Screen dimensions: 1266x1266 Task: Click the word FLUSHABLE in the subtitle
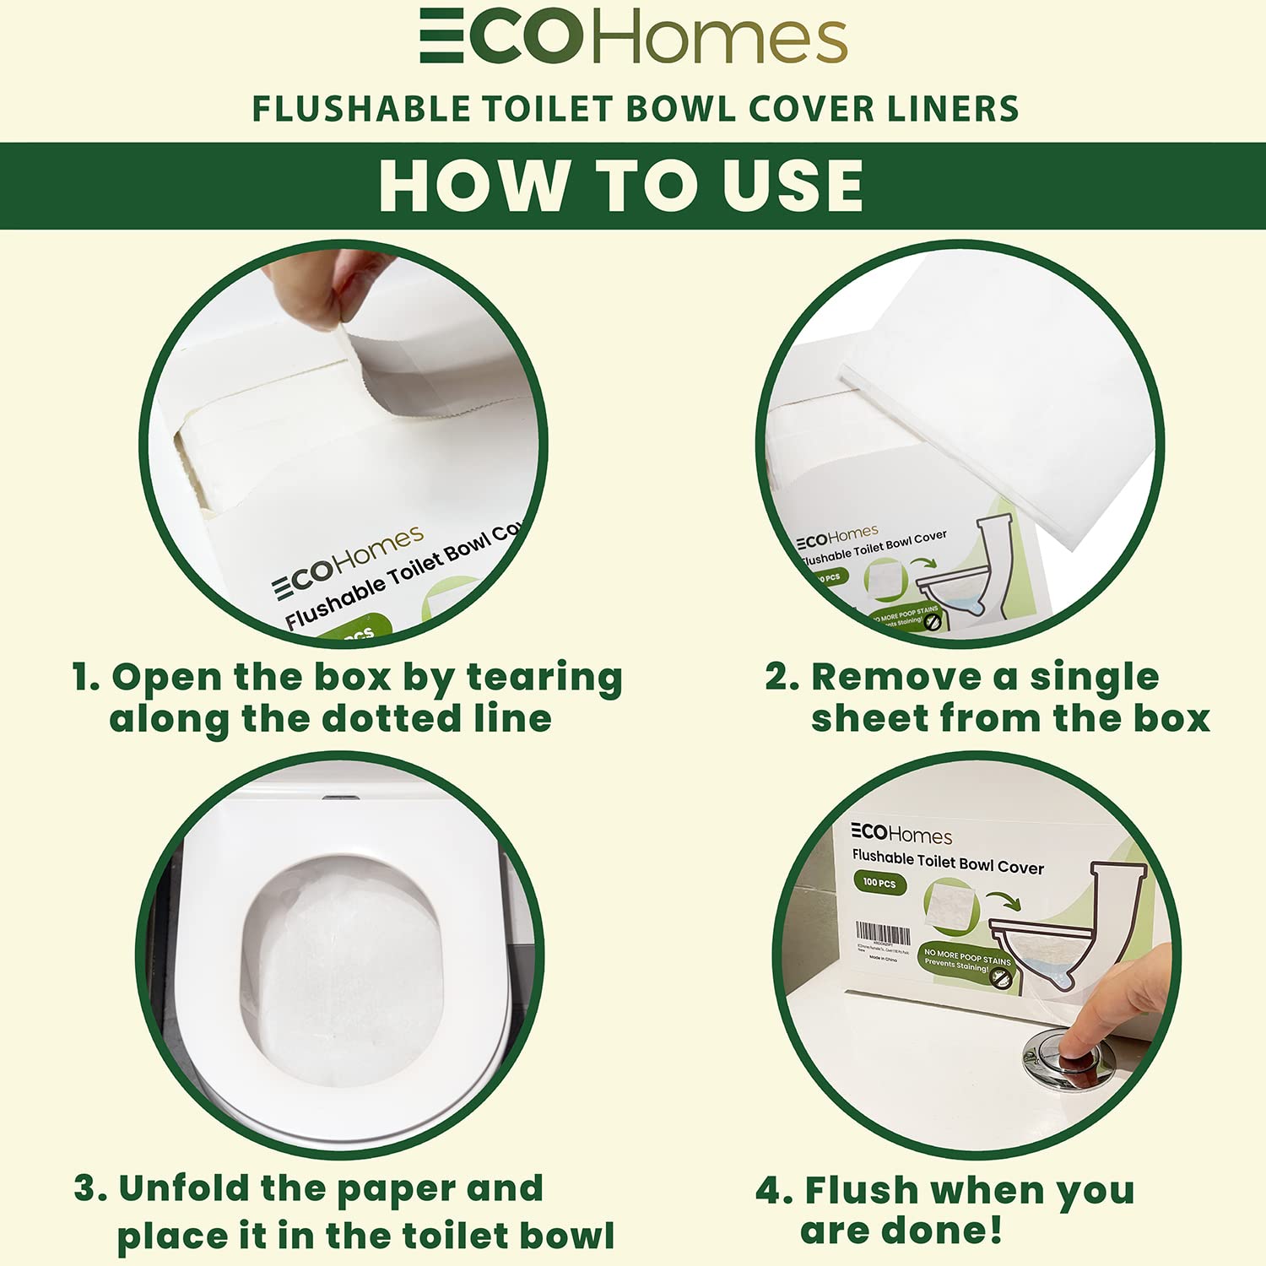361,110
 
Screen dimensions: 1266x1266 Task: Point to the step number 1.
84,678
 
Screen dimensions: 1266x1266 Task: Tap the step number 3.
89,1188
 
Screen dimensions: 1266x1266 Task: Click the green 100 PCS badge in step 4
879,883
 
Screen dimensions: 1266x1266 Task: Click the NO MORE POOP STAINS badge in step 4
966,963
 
